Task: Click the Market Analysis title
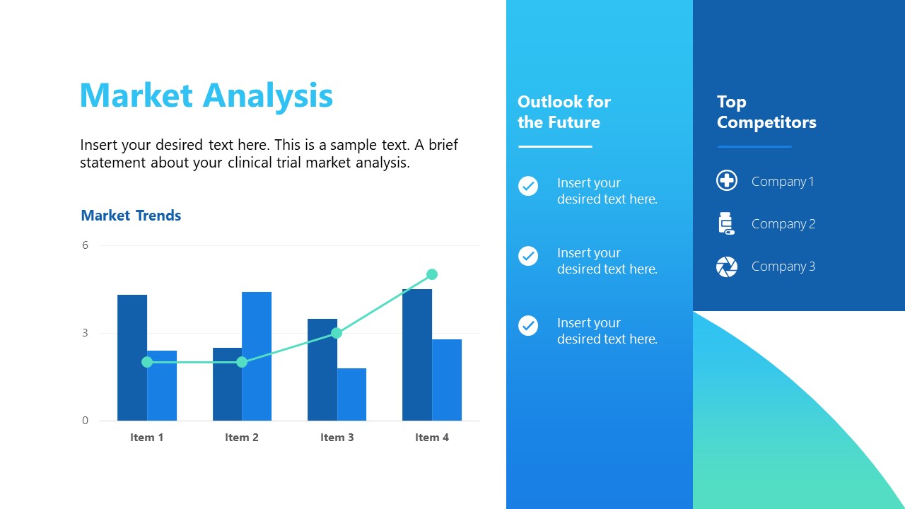click(206, 95)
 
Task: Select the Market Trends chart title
click(131, 216)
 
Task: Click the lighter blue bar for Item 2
click(257, 356)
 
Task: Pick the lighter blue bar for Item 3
click(351, 394)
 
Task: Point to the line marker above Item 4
click(432, 274)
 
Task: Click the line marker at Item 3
click(337, 332)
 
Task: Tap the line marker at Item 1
click(147, 362)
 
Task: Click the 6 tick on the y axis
click(86, 245)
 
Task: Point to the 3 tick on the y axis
click(86, 333)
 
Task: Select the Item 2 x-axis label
click(242, 438)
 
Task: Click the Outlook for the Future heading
click(564, 112)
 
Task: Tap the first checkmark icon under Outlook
click(528, 186)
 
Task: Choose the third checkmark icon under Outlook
click(528, 325)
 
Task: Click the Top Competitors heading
click(766, 112)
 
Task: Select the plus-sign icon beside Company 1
click(727, 181)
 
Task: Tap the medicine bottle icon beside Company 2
click(726, 223)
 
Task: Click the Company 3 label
click(783, 267)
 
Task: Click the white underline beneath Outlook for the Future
click(555, 146)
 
